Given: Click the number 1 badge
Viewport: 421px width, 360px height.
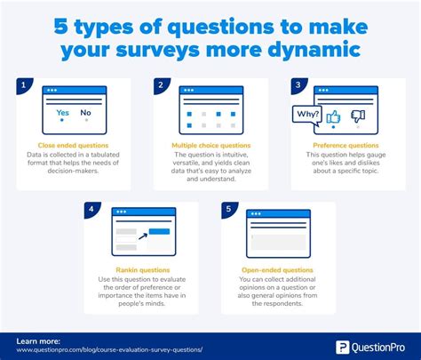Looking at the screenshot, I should click(x=21, y=85).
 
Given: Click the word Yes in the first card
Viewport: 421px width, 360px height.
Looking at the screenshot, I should click(x=62, y=114).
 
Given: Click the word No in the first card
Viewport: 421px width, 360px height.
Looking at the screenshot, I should click(x=84, y=114).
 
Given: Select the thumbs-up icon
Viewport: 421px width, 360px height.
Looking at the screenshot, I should click(x=335, y=117).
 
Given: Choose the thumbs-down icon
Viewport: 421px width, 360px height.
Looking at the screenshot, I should click(x=360, y=117).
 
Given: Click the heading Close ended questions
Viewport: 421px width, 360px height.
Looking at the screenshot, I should click(x=74, y=144).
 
